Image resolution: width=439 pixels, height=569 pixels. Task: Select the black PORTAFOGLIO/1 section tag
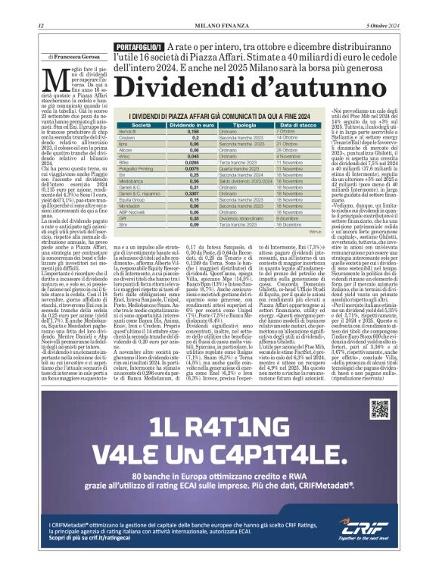tap(139, 48)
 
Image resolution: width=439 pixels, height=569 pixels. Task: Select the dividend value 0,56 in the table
tap(194, 181)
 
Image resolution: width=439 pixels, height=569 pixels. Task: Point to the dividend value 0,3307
tap(194, 195)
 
